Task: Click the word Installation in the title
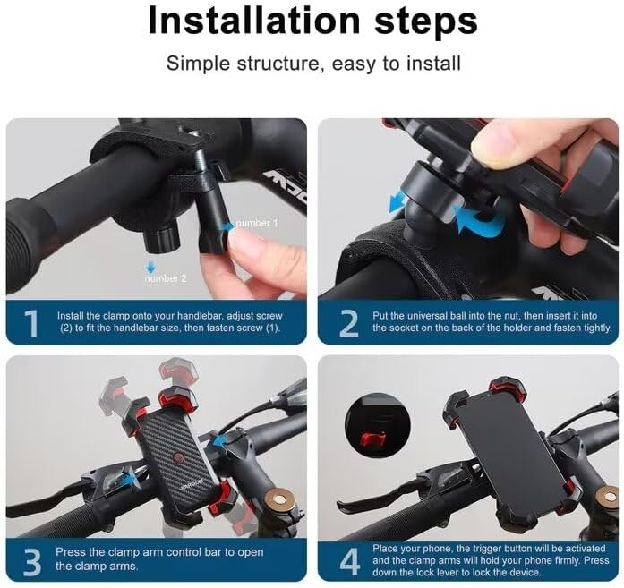254,20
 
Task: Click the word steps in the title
426,22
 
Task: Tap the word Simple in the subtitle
198,64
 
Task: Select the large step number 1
31,323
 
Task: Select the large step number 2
349,323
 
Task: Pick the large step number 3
32,562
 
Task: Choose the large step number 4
350,562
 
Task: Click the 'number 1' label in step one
257,223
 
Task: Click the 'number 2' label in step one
165,278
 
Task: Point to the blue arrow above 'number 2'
150,267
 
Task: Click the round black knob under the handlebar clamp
161,239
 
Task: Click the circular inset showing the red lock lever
377,424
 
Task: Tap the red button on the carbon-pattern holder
178,459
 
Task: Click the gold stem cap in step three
280,499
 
